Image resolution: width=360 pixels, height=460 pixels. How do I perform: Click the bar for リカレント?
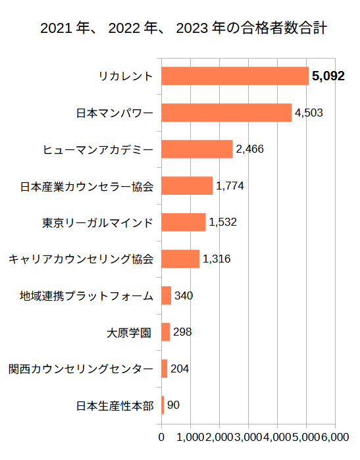click(x=235, y=76)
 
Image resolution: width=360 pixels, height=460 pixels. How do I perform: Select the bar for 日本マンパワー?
click(x=226, y=113)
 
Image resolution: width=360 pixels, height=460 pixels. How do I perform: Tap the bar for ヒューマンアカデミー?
click(x=197, y=149)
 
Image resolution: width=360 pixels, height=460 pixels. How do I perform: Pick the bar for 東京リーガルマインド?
click(x=184, y=222)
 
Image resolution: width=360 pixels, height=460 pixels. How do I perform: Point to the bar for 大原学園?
click(x=166, y=332)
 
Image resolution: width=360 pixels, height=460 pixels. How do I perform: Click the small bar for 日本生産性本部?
click(x=163, y=405)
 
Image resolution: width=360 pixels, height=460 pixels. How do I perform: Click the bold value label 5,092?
click(x=328, y=76)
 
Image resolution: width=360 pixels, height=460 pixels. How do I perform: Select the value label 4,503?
click(x=309, y=113)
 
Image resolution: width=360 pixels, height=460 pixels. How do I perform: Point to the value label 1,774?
click(x=230, y=186)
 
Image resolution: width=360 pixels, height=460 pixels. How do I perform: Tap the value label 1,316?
click(x=217, y=259)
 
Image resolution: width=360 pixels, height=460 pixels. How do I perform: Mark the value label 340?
click(x=184, y=295)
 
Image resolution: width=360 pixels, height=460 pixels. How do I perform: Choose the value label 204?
click(x=180, y=369)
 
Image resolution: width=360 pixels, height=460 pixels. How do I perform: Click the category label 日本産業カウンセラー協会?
click(x=87, y=186)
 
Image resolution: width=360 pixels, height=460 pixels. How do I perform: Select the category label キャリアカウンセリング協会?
click(x=80, y=259)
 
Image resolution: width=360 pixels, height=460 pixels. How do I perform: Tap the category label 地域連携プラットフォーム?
click(x=87, y=295)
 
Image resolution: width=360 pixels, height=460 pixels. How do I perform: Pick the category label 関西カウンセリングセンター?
click(x=80, y=369)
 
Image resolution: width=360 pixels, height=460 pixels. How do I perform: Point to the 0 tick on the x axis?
click(x=161, y=437)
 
